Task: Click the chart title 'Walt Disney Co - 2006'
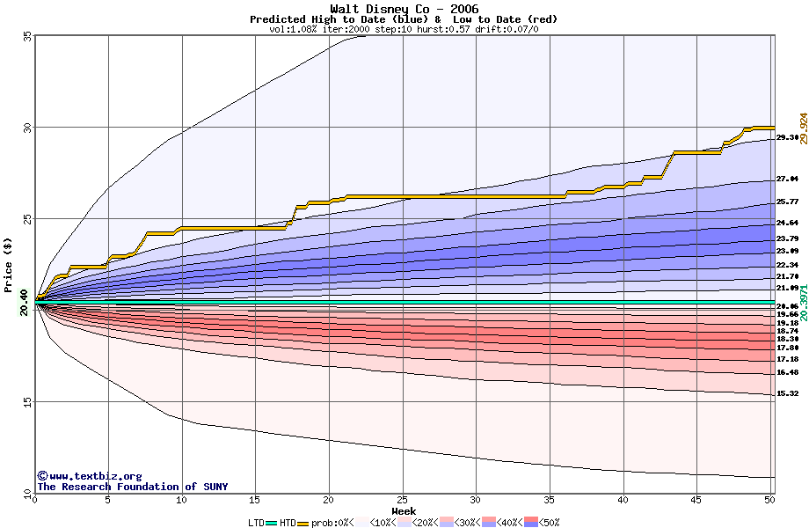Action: [404, 9]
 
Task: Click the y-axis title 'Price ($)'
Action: [9, 264]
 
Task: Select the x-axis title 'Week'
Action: [404, 510]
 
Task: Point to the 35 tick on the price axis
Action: [26, 36]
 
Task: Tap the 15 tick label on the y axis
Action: [26, 401]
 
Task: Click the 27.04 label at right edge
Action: [786, 179]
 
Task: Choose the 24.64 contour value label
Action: [786, 224]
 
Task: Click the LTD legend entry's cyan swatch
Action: [271, 523]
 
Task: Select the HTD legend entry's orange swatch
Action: [304, 523]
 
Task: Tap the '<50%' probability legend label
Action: [549, 523]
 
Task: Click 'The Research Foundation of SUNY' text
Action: [132, 487]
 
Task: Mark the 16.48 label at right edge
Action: [786, 372]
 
